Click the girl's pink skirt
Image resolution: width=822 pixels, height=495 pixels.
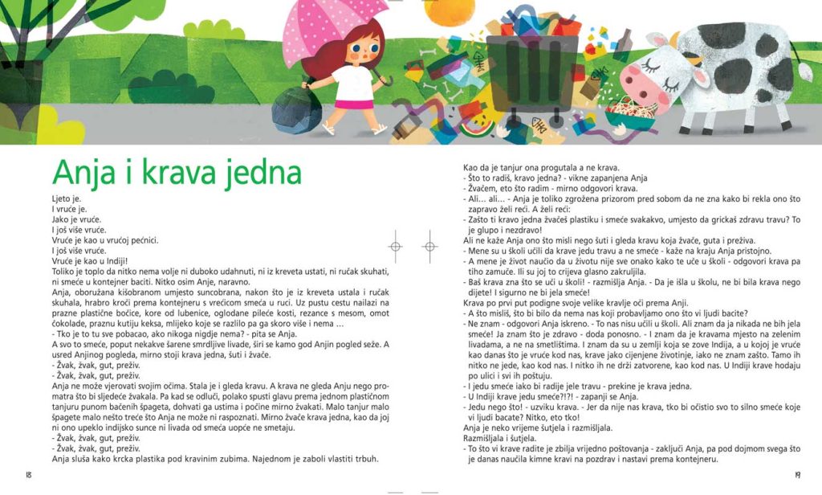(353, 102)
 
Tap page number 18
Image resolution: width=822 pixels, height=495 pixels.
(30, 475)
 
